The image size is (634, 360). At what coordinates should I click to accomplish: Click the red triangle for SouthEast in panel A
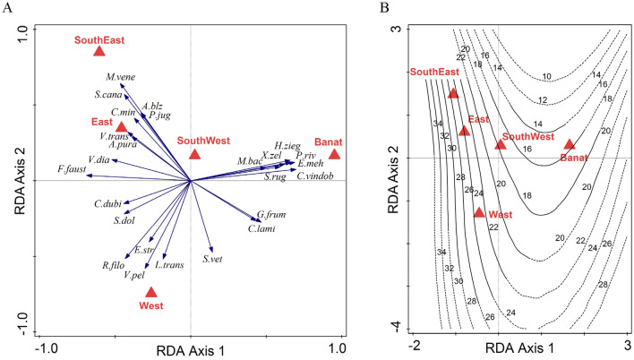click(99, 51)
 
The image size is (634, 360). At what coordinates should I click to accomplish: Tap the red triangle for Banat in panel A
click(335, 154)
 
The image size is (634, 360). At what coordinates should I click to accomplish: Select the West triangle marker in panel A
click(151, 292)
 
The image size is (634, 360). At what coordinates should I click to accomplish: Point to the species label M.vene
click(120, 78)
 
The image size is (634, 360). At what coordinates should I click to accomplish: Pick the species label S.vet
click(212, 259)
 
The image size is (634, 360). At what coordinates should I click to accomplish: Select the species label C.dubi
click(108, 203)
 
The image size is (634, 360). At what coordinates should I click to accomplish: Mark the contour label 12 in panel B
click(517, 99)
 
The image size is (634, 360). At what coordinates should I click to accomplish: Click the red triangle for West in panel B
click(479, 212)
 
